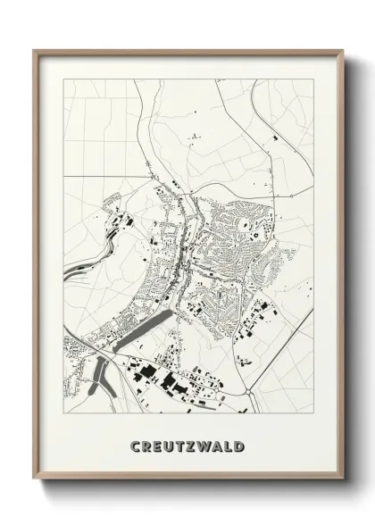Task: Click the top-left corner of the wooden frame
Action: click(34, 50)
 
